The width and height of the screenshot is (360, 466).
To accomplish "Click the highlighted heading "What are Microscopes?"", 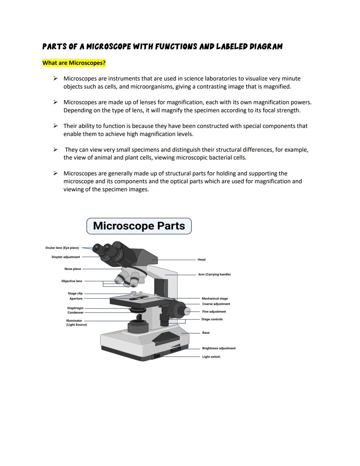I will tap(74, 63).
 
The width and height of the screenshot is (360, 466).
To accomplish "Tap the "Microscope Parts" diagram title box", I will tap(139, 226).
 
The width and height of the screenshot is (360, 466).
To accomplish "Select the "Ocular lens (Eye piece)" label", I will tap(62, 248).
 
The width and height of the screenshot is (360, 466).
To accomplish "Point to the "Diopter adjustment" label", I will tap(66, 257).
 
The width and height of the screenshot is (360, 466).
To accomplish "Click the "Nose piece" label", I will tap(73, 269).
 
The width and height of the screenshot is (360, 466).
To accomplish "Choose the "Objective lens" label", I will tap(72, 281).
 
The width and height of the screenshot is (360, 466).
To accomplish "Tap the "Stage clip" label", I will tap(75, 294).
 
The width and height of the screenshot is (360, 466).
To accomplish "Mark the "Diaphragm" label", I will tap(75, 308).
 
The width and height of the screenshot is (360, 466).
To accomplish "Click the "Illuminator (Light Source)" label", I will tap(76, 323).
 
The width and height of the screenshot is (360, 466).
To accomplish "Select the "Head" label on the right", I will tap(201, 260).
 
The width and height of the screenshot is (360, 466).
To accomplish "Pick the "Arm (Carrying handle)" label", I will tap(214, 275).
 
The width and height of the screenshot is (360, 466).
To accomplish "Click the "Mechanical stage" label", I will tap(215, 299).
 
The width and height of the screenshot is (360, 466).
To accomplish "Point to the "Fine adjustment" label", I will tap(214, 312).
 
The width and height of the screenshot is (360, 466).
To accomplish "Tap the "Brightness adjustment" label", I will tap(219, 348).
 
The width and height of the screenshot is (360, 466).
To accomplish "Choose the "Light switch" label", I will tap(211, 357).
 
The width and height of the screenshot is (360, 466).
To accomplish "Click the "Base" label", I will tap(206, 333).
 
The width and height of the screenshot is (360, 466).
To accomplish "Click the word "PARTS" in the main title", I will tap(55, 47).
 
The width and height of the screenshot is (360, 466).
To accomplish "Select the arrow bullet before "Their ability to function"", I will tap(56, 126).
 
